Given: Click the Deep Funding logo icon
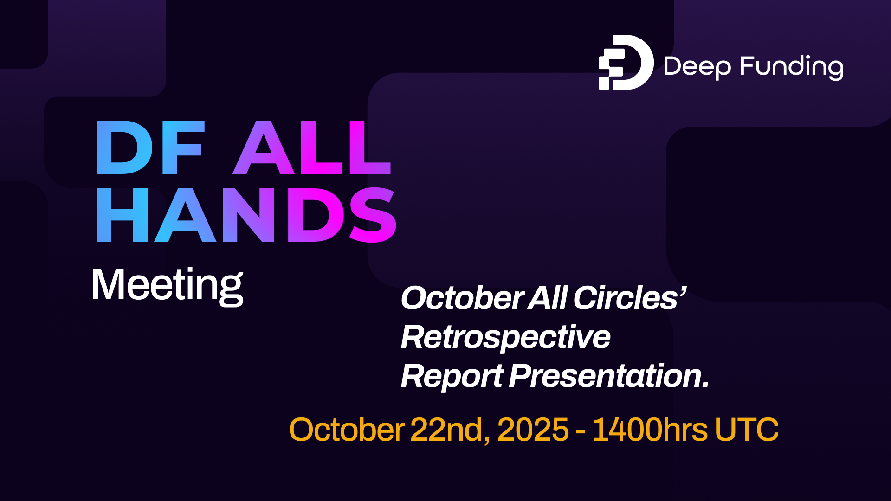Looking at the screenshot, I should pos(626,62).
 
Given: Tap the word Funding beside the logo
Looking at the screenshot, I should pos(792,67).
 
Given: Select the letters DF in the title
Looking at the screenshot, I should pos(150,148).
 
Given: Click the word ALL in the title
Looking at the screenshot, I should pos(312,148).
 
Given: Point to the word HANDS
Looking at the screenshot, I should pos(246,215).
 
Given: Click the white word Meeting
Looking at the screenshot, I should pos(168,285).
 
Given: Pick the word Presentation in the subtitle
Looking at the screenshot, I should pos(609,376).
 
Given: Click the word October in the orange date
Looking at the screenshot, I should pos(347,430).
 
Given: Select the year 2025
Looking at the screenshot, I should pos(533,430).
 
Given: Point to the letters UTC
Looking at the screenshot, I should pos(746,430).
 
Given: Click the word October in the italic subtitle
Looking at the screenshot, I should pos(462,298).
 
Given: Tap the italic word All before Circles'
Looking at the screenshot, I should pos(548,298).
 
